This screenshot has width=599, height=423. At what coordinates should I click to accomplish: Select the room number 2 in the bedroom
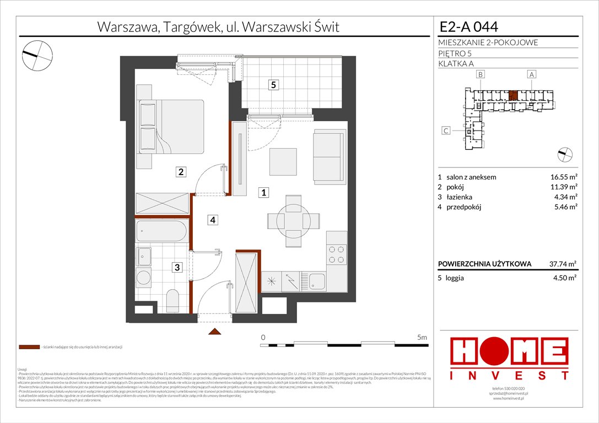click(x=180, y=172)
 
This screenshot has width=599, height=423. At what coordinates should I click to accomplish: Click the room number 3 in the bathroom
click(x=177, y=268)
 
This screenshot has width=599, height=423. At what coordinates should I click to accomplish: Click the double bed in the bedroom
click(x=171, y=127)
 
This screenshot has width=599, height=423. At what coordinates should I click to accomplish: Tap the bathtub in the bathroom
click(x=161, y=231)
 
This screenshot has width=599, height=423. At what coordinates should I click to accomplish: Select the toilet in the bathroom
click(x=172, y=301)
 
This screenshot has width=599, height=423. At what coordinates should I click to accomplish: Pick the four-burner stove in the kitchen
click(x=336, y=254)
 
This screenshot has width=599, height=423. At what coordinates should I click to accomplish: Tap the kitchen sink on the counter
click(x=317, y=281)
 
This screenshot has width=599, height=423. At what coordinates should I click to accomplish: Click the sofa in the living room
click(x=330, y=152)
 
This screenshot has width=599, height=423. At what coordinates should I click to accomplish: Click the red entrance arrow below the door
click(x=214, y=332)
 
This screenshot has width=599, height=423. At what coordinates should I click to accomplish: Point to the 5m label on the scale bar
click(x=422, y=337)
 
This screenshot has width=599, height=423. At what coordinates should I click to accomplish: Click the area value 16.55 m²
click(x=563, y=177)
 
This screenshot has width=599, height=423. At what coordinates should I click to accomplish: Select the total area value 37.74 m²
click(x=563, y=264)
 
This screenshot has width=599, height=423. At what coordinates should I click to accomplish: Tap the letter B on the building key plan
click(x=481, y=74)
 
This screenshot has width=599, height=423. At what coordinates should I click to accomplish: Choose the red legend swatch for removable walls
click(x=29, y=348)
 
